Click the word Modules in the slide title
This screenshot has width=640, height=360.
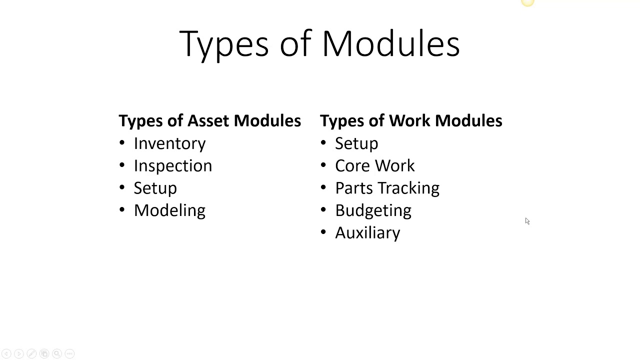coord(390,44)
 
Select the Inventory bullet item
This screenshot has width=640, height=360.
coord(169,144)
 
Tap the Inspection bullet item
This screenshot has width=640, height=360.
coord(172,166)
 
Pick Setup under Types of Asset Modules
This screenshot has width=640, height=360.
coord(155,188)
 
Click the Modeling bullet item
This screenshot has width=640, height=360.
coord(169,210)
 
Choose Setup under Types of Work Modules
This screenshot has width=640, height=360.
coord(356,144)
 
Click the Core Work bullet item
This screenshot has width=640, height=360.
coord(374,166)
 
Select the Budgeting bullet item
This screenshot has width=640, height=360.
coord(373,210)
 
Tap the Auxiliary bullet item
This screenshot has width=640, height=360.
coord(367,233)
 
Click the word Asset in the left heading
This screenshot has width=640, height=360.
coord(209,121)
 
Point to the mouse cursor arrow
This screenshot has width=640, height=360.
coord(527,221)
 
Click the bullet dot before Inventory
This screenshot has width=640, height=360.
coord(122,143)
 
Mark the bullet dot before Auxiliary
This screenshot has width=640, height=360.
coord(323,232)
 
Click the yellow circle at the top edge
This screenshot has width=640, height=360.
coord(527,2)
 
